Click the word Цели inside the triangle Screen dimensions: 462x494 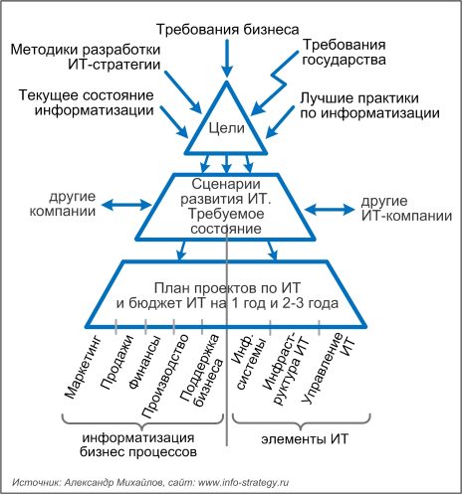coord(227,128)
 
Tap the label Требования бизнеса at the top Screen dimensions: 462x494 coord(228,30)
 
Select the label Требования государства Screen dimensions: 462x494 coord(344,53)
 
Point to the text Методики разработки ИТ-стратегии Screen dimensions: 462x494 coord(86,57)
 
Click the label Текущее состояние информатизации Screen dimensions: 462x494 coord(87,102)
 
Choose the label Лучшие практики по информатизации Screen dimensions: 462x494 coord(369,105)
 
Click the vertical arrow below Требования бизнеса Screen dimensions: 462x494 coord(227,59)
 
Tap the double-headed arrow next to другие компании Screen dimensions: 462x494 coord(126,205)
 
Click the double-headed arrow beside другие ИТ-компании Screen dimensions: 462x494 coord(330,210)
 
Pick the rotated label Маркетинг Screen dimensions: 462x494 coord(83,367)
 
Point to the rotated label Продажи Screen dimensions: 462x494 coord(116,362)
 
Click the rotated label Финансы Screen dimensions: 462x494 coord(145,362)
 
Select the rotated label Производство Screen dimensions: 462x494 coord(165,376)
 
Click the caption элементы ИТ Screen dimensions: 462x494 coord(305,439)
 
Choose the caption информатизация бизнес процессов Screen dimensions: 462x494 coord(138,445)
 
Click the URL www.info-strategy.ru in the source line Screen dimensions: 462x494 coord(243,482)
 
